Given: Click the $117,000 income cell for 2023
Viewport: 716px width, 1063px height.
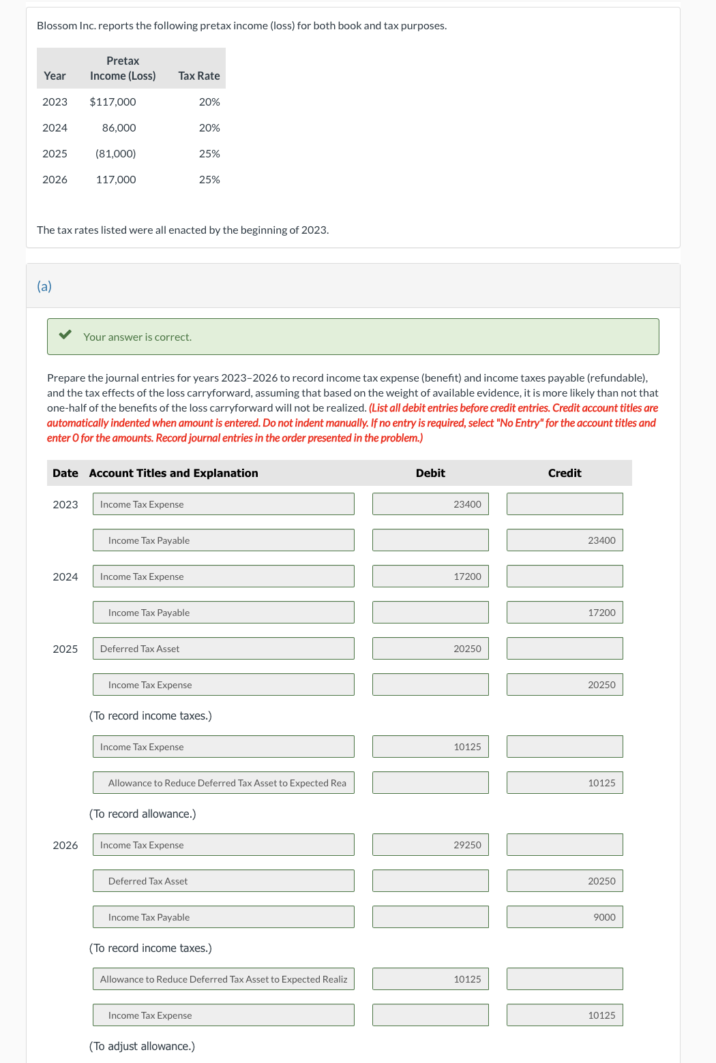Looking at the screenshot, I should [113, 102].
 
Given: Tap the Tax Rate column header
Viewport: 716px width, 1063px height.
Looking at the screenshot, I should [198, 76].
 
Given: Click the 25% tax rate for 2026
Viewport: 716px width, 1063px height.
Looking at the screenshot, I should [209, 179].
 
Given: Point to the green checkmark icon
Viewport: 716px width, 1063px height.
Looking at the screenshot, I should [65, 335].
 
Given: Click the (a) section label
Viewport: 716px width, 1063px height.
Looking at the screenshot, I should [44, 286].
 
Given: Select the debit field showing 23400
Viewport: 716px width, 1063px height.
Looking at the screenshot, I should [430, 504].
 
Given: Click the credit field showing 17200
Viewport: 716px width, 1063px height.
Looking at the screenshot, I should [565, 613].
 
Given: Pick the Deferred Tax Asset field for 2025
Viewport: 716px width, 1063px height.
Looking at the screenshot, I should [223, 649].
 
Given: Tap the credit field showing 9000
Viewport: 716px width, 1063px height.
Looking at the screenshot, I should [565, 917].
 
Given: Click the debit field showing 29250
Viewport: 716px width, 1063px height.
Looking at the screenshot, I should [430, 845].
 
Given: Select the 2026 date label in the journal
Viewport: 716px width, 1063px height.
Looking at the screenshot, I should [65, 845].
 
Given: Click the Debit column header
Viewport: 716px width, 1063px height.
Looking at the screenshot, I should [430, 473].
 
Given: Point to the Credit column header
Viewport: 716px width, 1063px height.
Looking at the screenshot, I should [565, 473].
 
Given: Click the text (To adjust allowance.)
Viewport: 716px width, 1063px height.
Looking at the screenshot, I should [142, 1046].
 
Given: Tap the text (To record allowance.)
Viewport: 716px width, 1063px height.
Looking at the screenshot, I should [143, 814].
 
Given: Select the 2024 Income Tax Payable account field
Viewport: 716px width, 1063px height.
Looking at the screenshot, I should [223, 613].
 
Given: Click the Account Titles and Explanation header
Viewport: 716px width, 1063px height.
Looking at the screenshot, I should [173, 473].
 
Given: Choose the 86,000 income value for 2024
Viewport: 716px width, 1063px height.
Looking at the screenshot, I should [119, 127].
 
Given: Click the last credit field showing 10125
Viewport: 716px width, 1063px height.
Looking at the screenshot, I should [565, 1015].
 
